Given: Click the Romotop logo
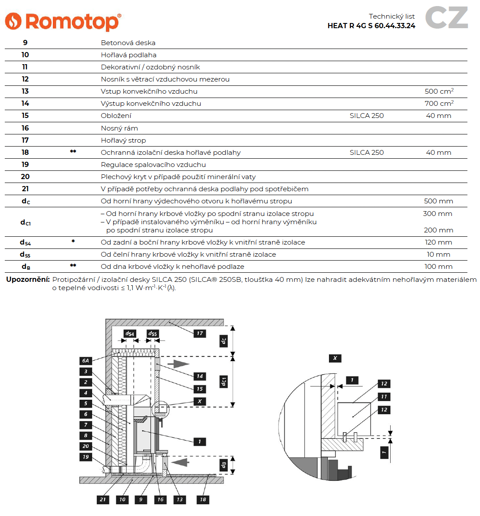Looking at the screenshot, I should pyautogui.click(x=63, y=21).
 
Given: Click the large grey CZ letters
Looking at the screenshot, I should pyautogui.click(x=447, y=18).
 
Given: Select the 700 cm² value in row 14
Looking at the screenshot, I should pyautogui.click(x=439, y=104).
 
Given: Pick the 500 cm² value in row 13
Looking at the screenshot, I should pyautogui.click(x=439, y=91).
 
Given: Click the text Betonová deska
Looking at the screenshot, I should pyautogui.click(x=128, y=43).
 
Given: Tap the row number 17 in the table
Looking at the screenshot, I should pyautogui.click(x=25, y=140).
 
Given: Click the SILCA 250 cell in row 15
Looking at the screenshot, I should pyautogui.click(x=366, y=116).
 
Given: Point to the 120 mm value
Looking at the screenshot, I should pyautogui.click(x=438, y=242).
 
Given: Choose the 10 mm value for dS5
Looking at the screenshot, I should pyautogui.click(x=438, y=255).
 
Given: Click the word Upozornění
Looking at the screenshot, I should pyautogui.click(x=28, y=280).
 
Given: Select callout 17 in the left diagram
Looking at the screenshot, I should pyautogui.click(x=199, y=333).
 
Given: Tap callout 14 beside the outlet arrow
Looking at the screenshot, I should pyautogui.click(x=199, y=376).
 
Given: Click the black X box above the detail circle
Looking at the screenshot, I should pyautogui.click(x=335, y=358).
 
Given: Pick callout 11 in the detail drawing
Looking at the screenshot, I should pyautogui.click(x=384, y=397).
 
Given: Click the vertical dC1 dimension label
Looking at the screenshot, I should pyautogui.click(x=224, y=382).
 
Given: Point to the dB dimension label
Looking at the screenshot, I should pyautogui.click(x=224, y=465).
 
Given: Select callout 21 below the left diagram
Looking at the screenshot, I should pyautogui.click(x=102, y=500).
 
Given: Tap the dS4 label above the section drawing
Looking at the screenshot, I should pyautogui.click(x=130, y=333).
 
